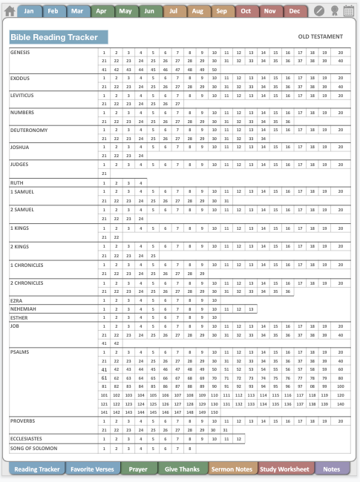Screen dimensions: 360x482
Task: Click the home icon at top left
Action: tap(10, 11)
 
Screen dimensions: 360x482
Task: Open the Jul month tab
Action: tap(173, 11)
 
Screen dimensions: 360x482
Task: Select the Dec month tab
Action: tap(294, 11)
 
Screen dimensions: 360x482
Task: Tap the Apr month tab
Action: tap(101, 11)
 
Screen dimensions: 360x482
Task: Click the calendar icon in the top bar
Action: tap(348, 11)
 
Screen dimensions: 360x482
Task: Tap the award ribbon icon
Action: tap(334, 11)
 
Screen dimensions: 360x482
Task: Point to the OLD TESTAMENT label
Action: tap(321, 37)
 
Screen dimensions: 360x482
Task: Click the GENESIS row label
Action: tap(20, 53)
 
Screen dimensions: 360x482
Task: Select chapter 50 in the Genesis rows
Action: tap(214, 69)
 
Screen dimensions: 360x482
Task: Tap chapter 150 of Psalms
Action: tap(214, 411)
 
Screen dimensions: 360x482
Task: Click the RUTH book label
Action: tap(16, 182)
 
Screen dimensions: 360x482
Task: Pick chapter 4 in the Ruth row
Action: tap(140, 182)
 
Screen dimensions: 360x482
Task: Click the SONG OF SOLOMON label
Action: tap(33, 448)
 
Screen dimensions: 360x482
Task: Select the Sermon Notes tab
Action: tap(233, 469)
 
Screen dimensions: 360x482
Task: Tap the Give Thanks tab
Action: tap(182, 469)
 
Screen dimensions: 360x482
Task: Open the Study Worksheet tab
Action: tap(286, 469)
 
